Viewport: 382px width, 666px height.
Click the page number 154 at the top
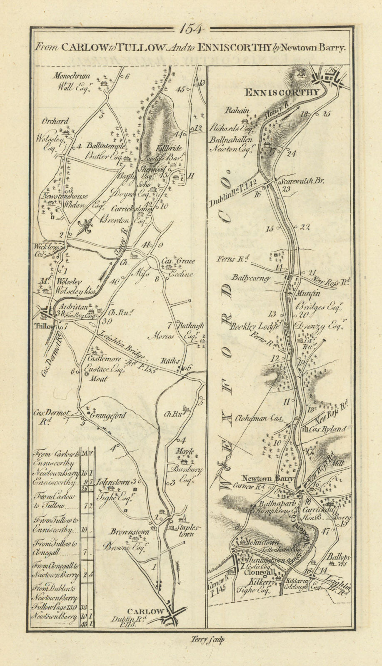191,29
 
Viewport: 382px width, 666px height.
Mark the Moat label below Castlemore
101,378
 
